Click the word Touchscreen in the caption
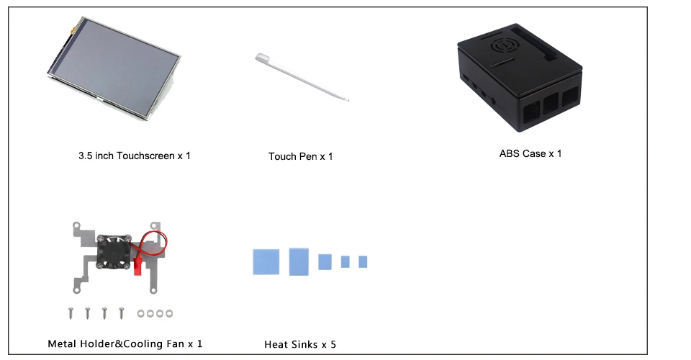[x=144, y=156]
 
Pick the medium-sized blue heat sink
[x=325, y=261]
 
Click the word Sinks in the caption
[x=303, y=345]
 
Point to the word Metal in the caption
[x=61, y=344]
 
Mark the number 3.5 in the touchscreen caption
[x=86, y=156]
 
